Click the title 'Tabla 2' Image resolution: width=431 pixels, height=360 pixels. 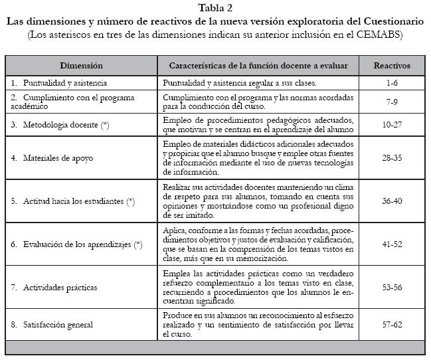pos(216,7)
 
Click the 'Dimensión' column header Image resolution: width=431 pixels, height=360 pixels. pos(81,66)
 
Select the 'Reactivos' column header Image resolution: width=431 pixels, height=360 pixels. pos(392,66)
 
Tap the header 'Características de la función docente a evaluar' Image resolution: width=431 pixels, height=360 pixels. pos(258,66)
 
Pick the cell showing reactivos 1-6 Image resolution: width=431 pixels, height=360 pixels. pos(392,84)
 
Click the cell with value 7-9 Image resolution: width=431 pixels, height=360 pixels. pos(392,102)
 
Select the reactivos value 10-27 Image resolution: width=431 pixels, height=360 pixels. pos(392,125)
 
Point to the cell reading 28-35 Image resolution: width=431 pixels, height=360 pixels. pos(392,157)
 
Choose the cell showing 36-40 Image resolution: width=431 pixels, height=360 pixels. pos(392,201)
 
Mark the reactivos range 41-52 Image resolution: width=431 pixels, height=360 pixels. pos(392,244)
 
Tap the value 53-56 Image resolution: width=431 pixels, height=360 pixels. pos(392,287)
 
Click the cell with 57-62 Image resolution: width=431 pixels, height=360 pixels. pos(392,325)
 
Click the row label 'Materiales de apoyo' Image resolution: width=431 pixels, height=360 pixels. pos(55,157)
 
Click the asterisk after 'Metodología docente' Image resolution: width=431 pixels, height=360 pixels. pos(105,125)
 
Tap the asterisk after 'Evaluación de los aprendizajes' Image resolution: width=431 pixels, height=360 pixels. pos(138,244)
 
